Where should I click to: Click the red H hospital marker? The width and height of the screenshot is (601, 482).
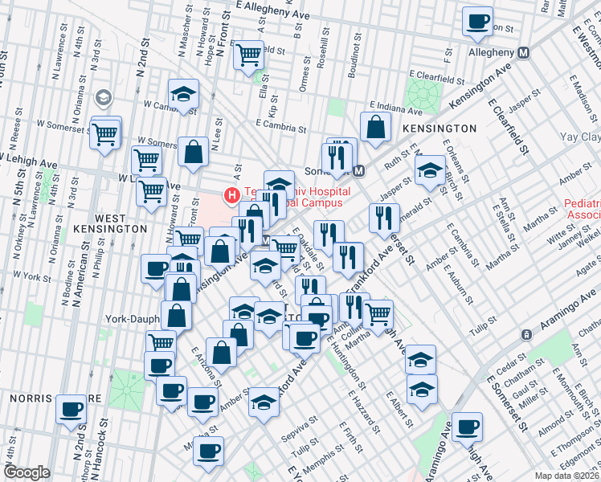pos(232,195)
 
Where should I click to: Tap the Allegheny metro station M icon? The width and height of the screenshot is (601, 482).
pos(524,52)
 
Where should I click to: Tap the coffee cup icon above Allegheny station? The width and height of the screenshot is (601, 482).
pos(477,21)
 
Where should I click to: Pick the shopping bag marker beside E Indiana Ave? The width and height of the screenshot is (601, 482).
pos(375,125)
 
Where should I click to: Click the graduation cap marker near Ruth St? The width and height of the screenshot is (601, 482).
pos(430,170)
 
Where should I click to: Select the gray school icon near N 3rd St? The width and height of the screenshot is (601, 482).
pos(103,98)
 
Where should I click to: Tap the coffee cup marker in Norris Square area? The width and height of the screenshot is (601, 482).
pos(72,408)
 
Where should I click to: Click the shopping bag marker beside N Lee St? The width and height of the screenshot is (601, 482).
pos(194,150)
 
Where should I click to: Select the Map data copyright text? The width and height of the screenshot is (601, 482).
pos(566,476)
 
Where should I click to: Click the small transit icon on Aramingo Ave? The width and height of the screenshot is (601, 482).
pos(525,334)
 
